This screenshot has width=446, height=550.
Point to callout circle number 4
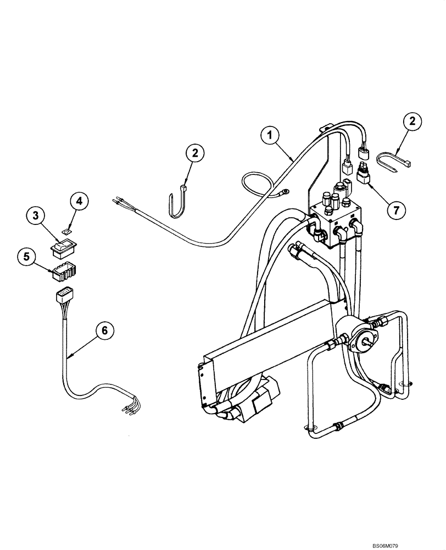(79, 201)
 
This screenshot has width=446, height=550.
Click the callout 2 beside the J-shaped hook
(194, 153)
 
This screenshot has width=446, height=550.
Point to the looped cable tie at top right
(395, 162)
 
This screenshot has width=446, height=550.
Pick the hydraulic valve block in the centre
(336, 223)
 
